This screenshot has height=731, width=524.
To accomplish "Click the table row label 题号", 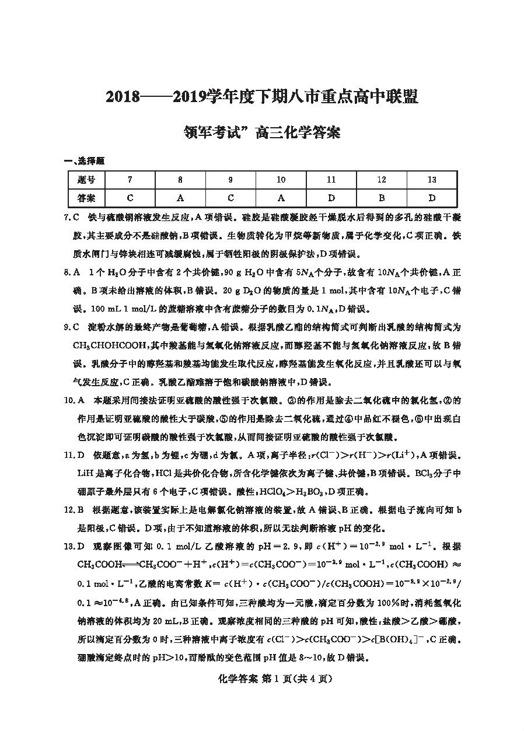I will (x=86, y=180).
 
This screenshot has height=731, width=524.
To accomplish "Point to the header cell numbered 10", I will (x=281, y=180).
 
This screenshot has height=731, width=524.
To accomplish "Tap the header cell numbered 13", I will (x=432, y=180).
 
